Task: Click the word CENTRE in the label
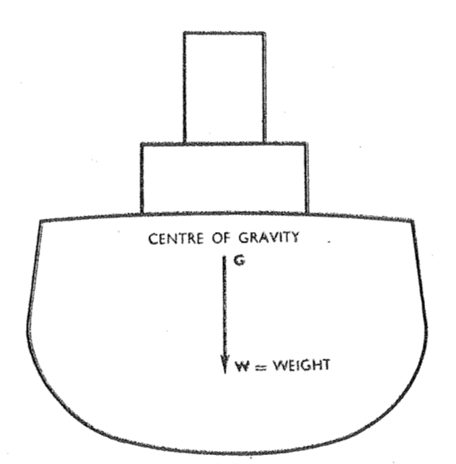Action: [176, 238]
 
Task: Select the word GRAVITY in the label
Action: [269, 237]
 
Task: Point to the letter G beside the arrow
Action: [239, 260]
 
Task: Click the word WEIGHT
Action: [302, 365]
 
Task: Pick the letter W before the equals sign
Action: [242, 367]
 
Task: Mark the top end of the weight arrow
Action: [225, 256]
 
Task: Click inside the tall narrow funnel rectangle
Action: [224, 88]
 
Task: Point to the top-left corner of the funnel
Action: [184, 32]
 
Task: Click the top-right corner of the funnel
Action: [264, 32]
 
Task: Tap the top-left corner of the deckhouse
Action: [142, 144]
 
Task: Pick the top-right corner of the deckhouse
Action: [307, 144]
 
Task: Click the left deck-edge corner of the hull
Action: [41, 221]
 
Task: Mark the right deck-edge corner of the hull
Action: [413, 220]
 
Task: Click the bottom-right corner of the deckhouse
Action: [308, 213]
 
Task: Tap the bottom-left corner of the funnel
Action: [185, 144]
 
